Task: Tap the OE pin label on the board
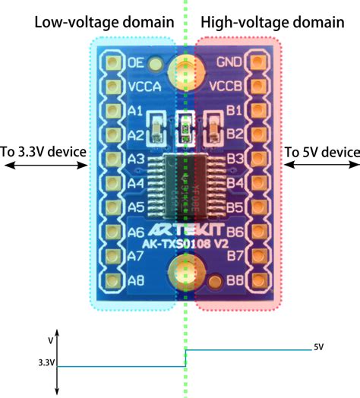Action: tap(137, 62)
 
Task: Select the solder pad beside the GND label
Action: tap(257, 62)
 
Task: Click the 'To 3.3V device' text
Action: tap(44, 152)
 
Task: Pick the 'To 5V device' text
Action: tap(322, 152)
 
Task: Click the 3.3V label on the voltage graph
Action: tap(44, 364)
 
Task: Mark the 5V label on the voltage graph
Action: tap(319, 347)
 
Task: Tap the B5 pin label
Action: tap(234, 207)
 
